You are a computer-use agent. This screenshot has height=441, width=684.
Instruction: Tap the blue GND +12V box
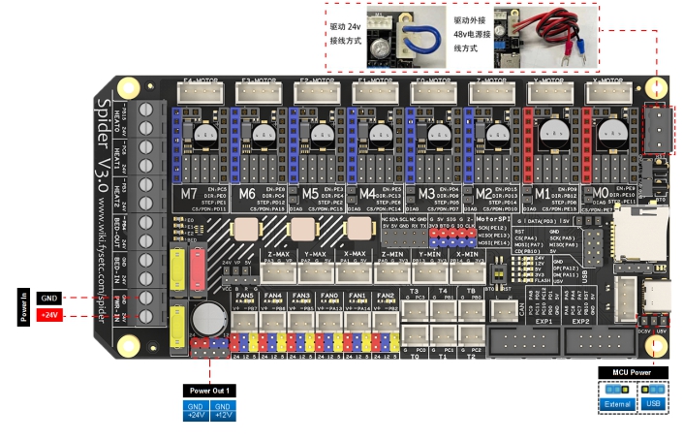point(223,411)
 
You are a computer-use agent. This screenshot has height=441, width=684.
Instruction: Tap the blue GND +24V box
point(196,411)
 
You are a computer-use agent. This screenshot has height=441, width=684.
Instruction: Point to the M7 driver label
point(191,194)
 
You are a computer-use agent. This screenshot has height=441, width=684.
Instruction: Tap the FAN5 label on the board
point(244,295)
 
